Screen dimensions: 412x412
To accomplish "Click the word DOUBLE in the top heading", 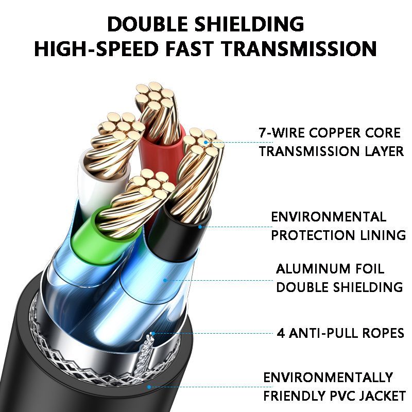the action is tap(148, 24).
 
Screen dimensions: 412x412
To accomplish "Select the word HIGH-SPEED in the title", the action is tap(96, 48).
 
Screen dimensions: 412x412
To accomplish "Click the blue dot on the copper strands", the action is tap(205, 143).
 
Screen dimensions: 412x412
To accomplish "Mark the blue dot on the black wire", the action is tap(200, 227).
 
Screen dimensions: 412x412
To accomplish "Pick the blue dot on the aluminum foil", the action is tap(165, 280).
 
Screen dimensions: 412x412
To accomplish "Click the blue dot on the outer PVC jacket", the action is tap(149, 387).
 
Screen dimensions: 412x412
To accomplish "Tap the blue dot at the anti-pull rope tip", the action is tap(153, 333).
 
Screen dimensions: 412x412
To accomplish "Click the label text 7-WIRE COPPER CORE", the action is tap(330, 133).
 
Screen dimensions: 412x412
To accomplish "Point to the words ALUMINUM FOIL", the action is tap(330, 269).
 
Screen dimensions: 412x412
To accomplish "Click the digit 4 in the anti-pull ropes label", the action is tap(281, 333).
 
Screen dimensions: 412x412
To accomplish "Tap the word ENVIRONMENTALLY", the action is tap(328, 377).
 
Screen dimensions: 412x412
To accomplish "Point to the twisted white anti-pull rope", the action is tap(145, 357).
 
